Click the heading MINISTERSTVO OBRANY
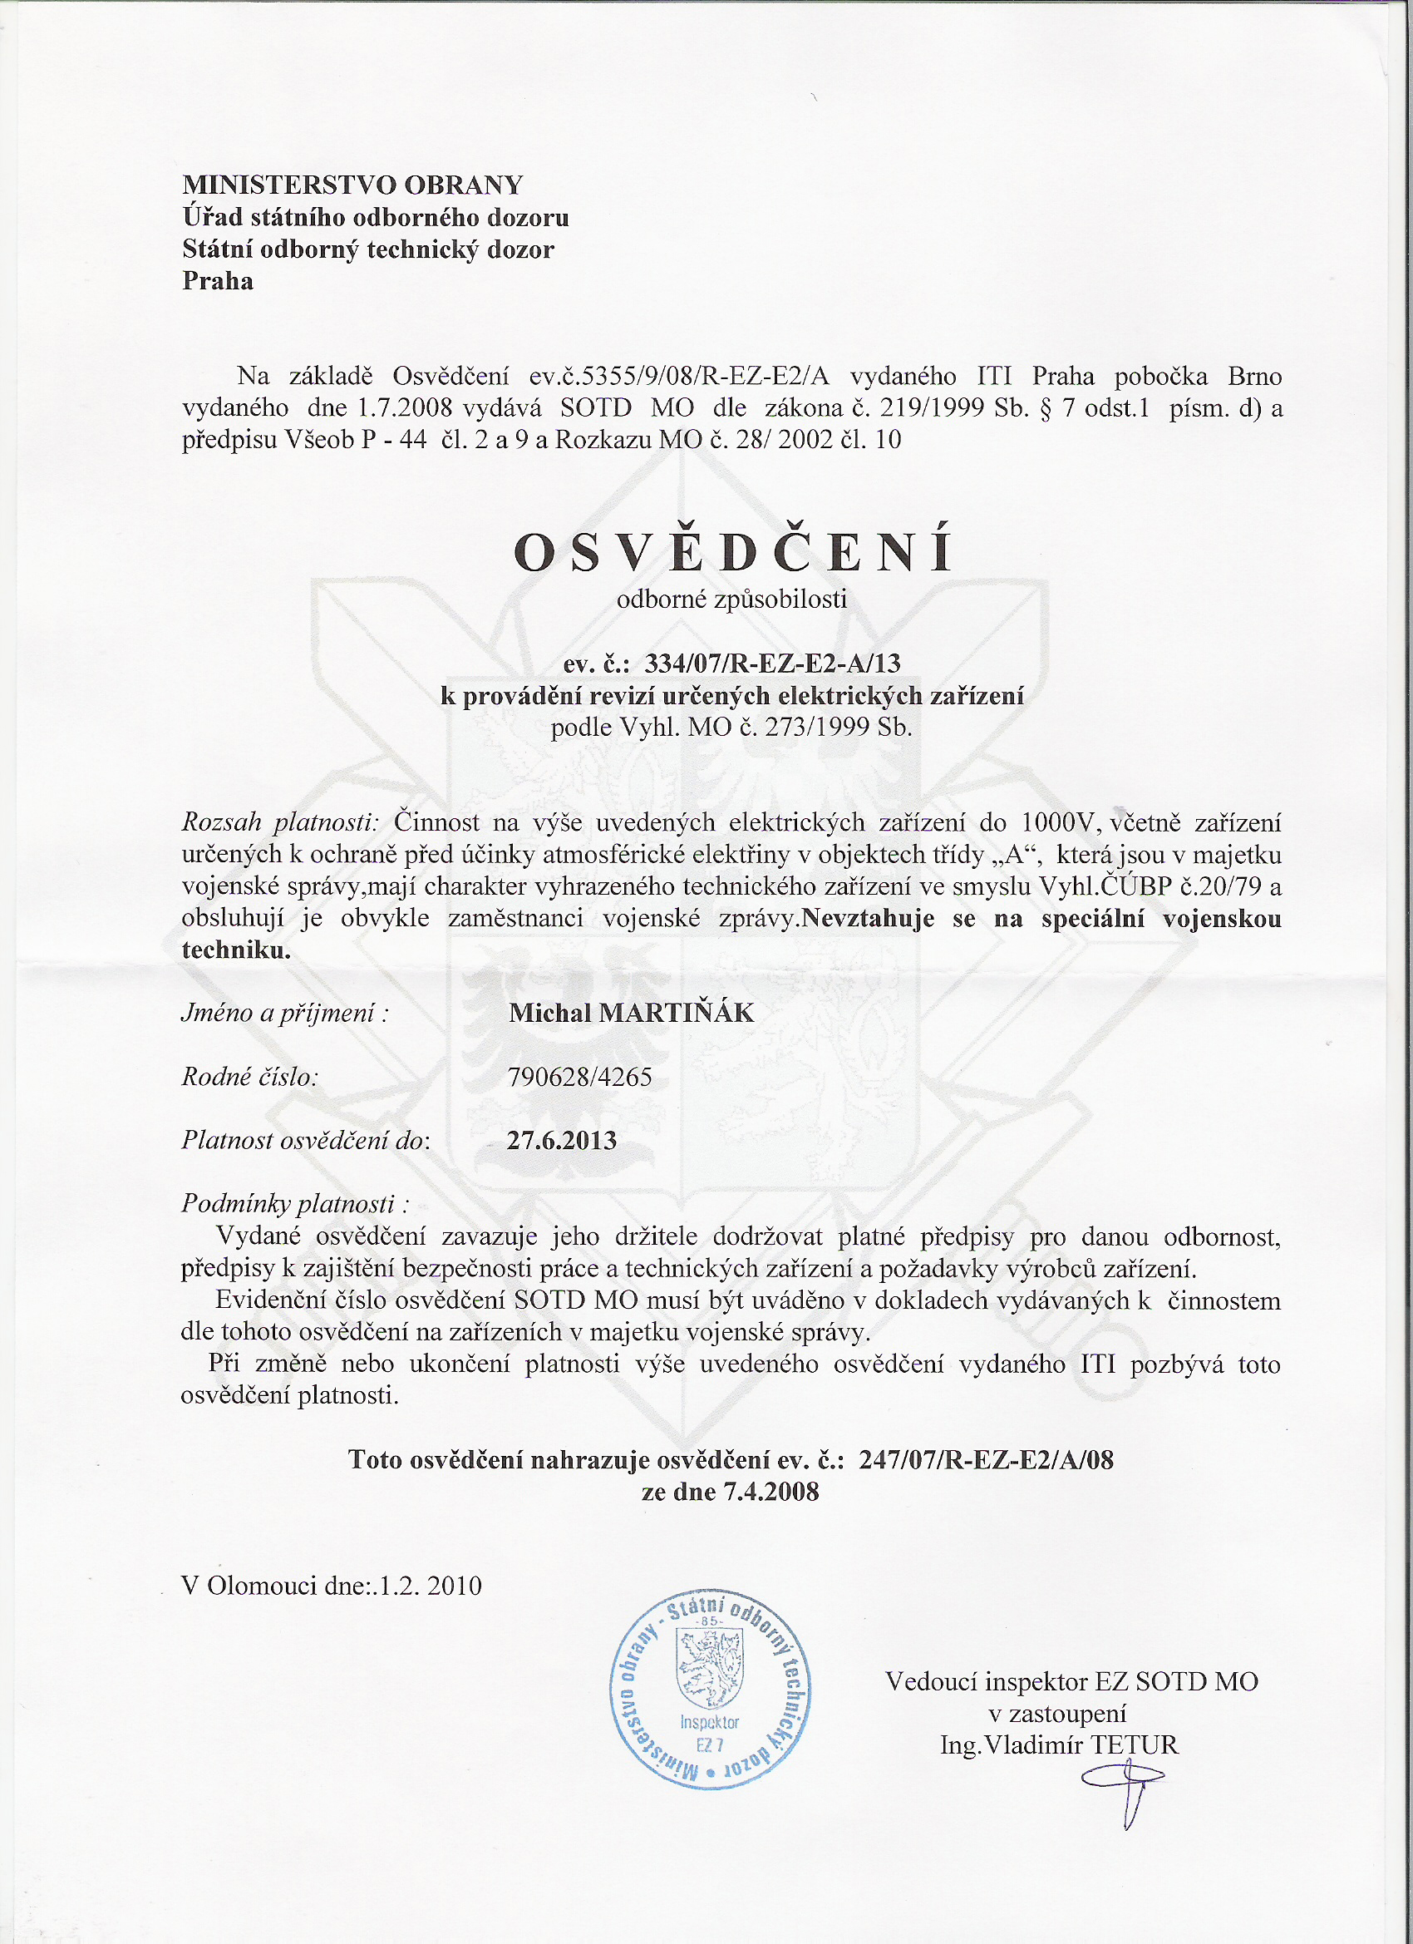pos(352,185)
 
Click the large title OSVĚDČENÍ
pos(732,551)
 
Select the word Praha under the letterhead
pos(218,281)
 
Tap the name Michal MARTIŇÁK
pos(631,1013)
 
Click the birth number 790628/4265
pos(579,1077)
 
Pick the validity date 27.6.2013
pos(561,1140)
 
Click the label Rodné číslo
pos(249,1077)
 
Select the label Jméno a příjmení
pos(285,1013)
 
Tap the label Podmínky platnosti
pos(295,1204)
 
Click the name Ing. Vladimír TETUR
pos(1059,1745)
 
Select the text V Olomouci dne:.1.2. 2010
pos(332,1586)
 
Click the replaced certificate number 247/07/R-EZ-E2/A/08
pos(986,1460)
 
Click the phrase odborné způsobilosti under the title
pos(731,599)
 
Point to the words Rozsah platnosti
pos(279,823)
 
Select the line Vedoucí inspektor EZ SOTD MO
pos(1071,1682)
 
